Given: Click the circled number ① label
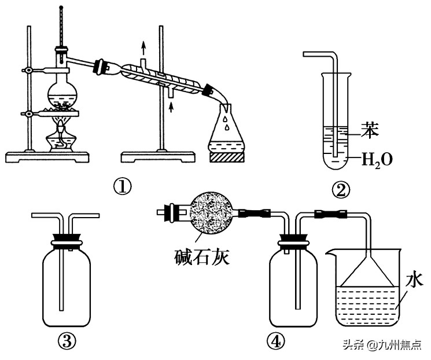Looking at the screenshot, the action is (x=123, y=187).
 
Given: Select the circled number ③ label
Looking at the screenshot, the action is (x=67, y=341).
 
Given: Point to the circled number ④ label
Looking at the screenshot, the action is (x=276, y=341).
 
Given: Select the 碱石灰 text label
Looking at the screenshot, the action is (x=202, y=257).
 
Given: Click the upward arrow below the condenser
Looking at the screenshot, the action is (x=171, y=106).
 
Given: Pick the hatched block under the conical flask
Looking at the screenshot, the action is (x=227, y=157).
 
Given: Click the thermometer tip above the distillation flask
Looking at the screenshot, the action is (x=61, y=6).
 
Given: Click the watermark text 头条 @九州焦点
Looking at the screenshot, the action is (x=382, y=344).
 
